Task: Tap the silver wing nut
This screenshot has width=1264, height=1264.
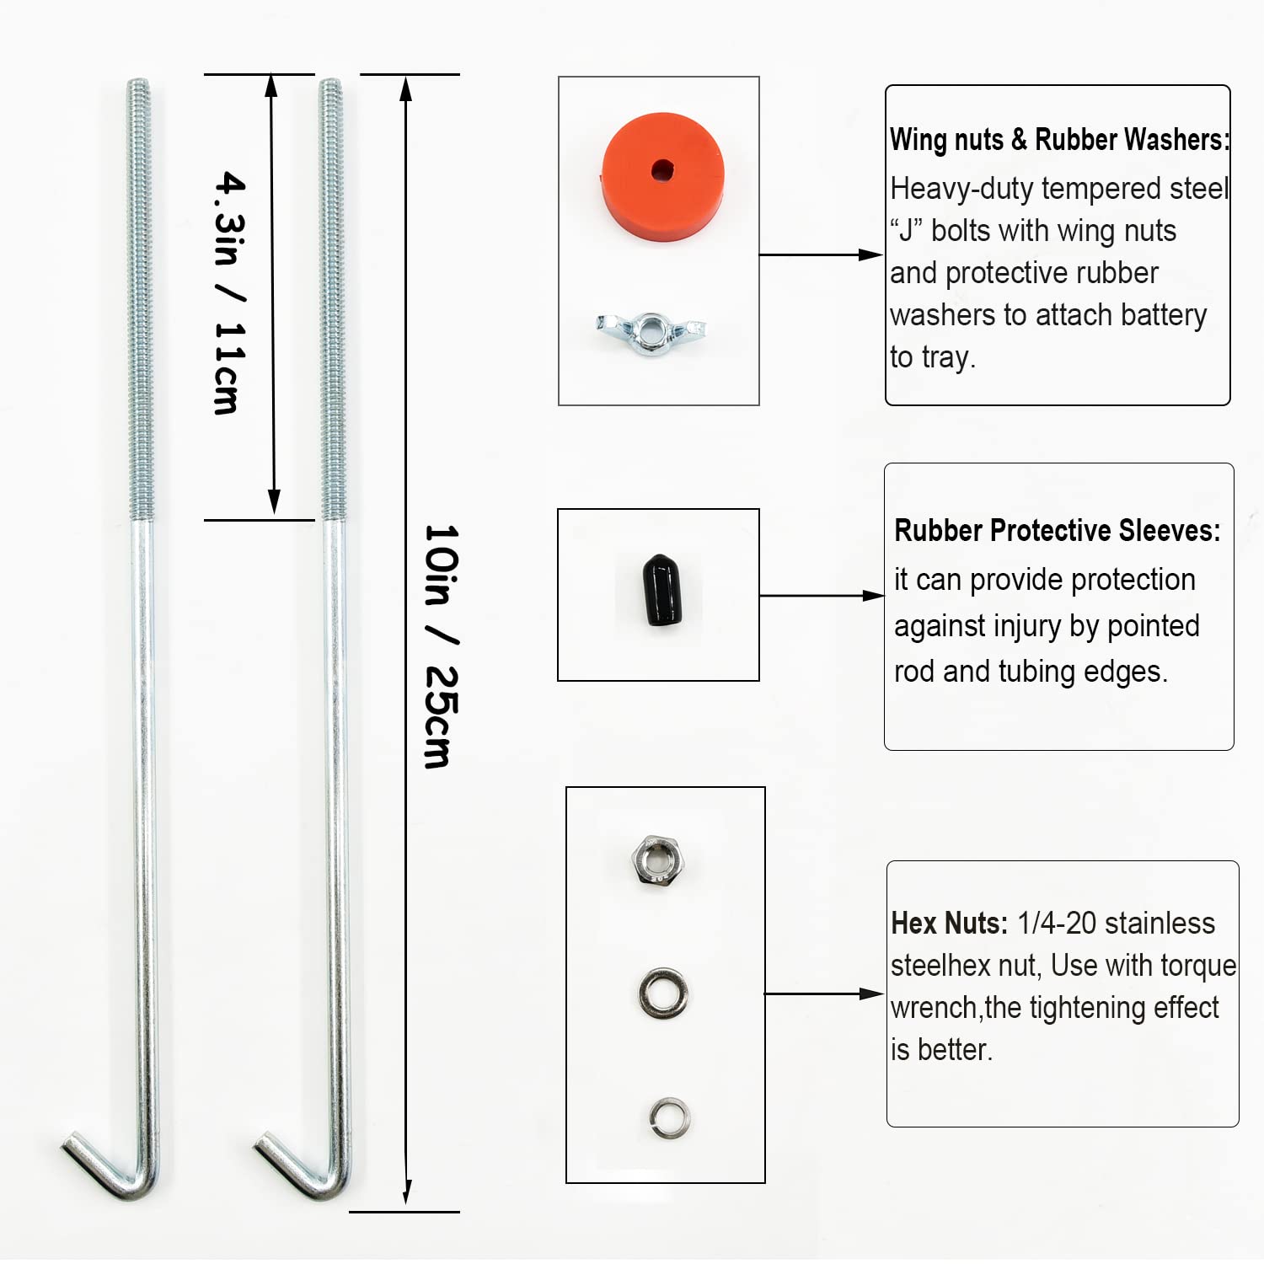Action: [651, 332]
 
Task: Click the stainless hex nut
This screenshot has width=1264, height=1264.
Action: [658, 860]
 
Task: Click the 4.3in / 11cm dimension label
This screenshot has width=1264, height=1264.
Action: [229, 292]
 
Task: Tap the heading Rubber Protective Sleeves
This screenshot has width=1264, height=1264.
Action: [1058, 531]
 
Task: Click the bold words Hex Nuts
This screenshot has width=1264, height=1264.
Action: [950, 924]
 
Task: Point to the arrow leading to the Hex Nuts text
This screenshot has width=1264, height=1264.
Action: [824, 994]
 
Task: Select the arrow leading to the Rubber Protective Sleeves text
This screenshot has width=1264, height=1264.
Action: [822, 596]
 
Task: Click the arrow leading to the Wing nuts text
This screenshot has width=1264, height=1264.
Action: [821, 254]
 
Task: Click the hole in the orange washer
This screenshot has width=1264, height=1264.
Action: [662, 169]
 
